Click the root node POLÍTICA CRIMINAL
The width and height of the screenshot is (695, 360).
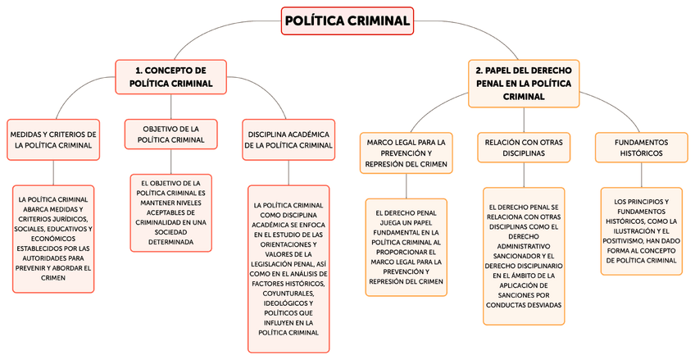[x=347, y=21]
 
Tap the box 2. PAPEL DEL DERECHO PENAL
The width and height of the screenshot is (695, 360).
[x=524, y=83]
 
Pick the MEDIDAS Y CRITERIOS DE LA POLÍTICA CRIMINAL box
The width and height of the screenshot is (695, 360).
[x=53, y=139]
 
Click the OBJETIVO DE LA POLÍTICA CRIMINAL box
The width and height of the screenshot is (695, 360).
[x=170, y=134]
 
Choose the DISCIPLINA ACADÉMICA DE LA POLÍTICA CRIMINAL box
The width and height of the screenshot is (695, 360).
[x=288, y=139]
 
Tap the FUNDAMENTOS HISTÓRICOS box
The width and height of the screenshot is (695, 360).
[x=641, y=148]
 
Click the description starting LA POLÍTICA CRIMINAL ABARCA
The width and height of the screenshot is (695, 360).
[x=53, y=239]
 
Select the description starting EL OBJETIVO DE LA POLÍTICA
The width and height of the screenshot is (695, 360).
[x=171, y=212]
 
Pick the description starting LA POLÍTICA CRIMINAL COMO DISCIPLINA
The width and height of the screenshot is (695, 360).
[x=288, y=268]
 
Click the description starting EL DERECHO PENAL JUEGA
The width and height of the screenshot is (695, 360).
[x=407, y=247]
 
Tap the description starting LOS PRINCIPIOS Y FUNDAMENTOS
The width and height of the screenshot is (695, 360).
[x=641, y=230]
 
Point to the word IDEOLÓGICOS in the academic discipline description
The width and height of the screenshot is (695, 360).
[x=288, y=303]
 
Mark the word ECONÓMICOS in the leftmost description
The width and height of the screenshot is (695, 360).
[x=53, y=239]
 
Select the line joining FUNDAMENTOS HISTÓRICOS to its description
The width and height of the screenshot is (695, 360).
[x=641, y=176]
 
